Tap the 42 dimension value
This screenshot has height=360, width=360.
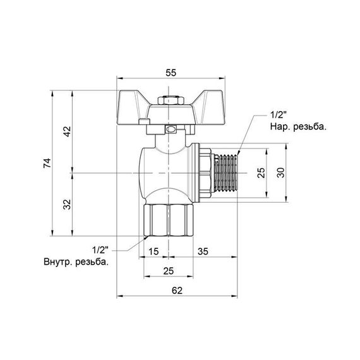[66, 130]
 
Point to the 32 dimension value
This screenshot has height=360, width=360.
[66, 203]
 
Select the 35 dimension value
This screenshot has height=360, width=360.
[203, 252]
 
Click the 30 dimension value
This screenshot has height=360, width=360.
[283, 172]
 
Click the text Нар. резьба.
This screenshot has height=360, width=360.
[298, 127]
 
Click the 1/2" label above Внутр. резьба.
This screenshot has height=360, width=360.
[101, 248]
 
